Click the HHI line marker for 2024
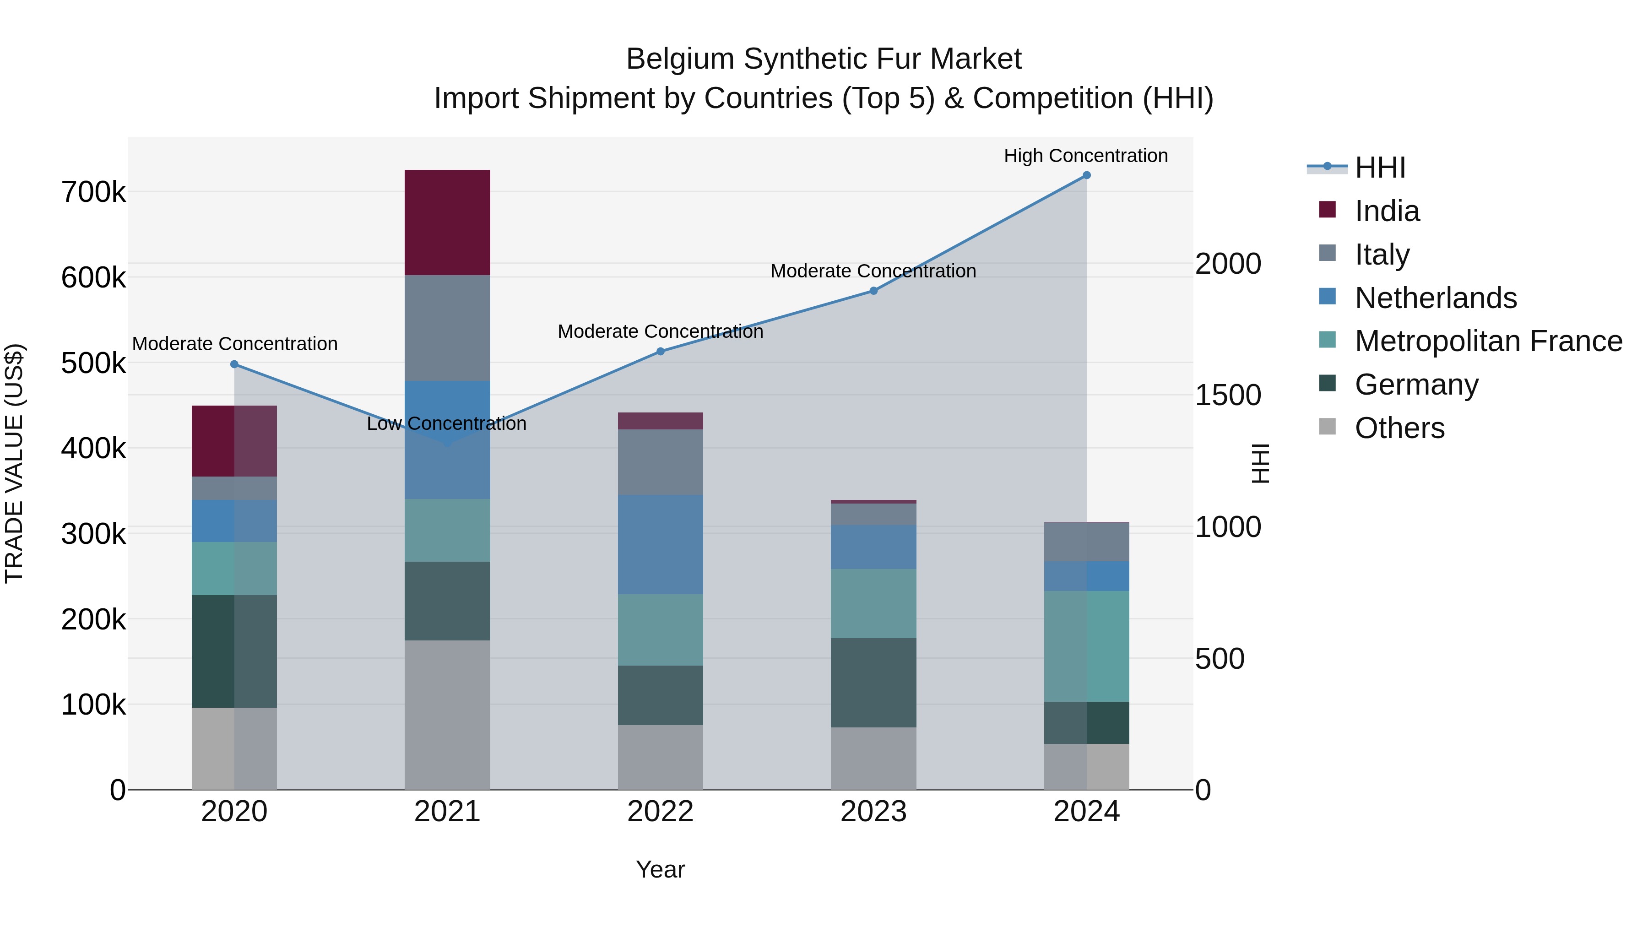pos(1086,175)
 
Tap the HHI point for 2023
pos(873,291)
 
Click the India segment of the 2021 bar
pos(447,222)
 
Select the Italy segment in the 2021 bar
pos(447,328)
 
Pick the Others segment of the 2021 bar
pos(447,715)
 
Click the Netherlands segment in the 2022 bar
pos(660,544)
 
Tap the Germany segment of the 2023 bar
pos(873,683)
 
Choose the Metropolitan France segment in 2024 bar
pos(1086,646)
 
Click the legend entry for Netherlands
pos(1435,298)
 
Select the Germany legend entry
pos(1416,385)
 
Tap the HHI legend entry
pos(1379,168)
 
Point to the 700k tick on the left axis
pos(93,192)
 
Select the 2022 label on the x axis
pos(660,812)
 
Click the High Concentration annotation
pos(1086,156)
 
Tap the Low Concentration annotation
pos(446,423)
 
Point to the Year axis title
pos(660,869)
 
